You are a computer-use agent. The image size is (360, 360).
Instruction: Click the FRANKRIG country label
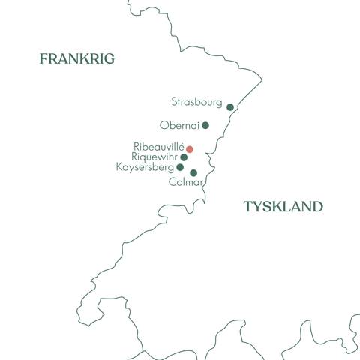point(76,58)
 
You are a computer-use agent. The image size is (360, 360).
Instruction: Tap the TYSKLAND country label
point(283,207)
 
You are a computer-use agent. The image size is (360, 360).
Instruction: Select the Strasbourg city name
point(196,100)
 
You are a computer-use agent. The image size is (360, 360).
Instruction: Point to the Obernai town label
point(179,125)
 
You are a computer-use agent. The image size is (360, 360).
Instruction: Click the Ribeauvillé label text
point(158,147)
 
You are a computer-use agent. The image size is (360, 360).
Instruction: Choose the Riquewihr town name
point(154,157)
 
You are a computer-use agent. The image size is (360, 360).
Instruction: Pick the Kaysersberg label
point(145,167)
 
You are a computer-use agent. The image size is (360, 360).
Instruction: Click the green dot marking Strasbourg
point(230,107)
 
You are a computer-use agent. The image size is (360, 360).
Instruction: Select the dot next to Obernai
point(205,125)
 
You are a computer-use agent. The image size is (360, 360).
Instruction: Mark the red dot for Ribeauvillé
point(190,149)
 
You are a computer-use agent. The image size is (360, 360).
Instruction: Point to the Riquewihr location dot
point(184,157)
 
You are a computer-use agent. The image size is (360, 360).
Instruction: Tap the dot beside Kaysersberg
point(180,167)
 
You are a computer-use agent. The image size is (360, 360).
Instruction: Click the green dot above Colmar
point(193,173)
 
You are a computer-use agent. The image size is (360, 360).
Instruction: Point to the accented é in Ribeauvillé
point(181,146)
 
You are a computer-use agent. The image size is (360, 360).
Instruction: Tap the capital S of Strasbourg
point(174,100)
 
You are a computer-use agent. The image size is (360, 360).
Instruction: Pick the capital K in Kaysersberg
point(120,167)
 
